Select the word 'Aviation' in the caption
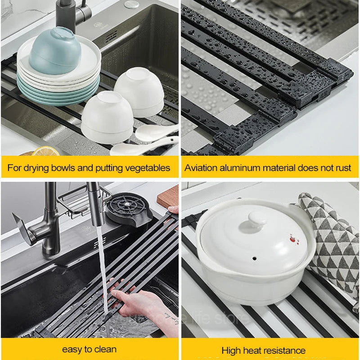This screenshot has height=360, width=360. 201,168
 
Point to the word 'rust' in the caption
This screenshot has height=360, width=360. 343,168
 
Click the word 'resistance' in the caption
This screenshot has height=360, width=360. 288,350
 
